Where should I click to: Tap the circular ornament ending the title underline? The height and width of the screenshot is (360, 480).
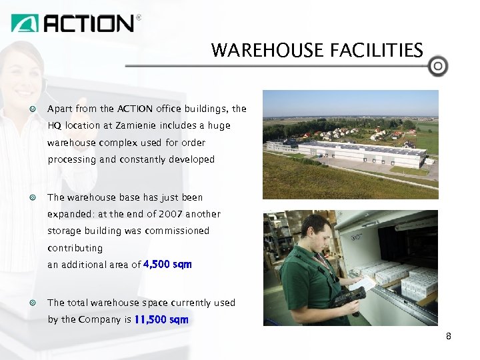click(438, 66)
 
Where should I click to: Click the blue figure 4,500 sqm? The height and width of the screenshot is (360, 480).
click(167, 265)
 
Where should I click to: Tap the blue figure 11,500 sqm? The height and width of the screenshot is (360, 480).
click(161, 319)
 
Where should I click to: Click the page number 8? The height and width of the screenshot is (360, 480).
click(449, 337)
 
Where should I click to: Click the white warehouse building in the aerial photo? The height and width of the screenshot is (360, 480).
click(360, 155)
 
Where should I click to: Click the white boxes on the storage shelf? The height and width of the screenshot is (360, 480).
click(400, 277)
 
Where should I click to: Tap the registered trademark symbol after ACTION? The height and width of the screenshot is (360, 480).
click(139, 19)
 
